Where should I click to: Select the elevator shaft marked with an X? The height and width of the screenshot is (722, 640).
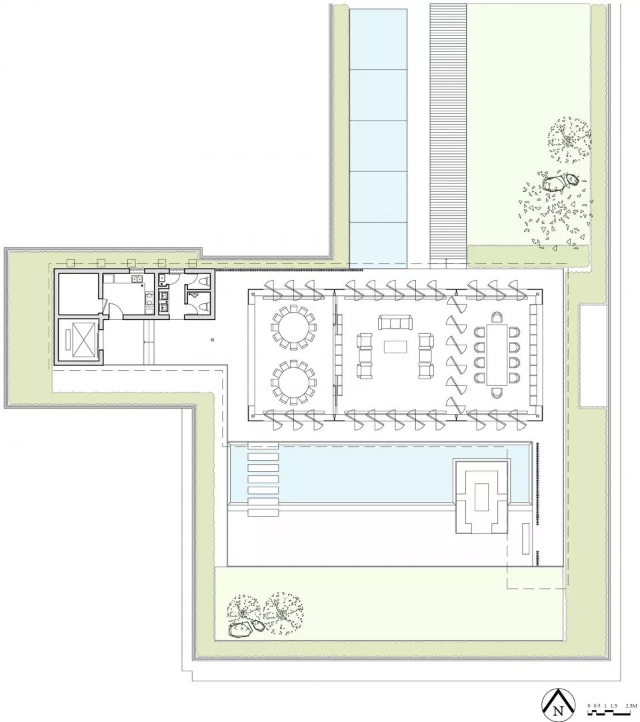click(x=78, y=340)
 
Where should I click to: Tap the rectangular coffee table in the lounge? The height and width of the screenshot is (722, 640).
click(x=396, y=347)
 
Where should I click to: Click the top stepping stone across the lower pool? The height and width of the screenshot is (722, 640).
click(x=263, y=456)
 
